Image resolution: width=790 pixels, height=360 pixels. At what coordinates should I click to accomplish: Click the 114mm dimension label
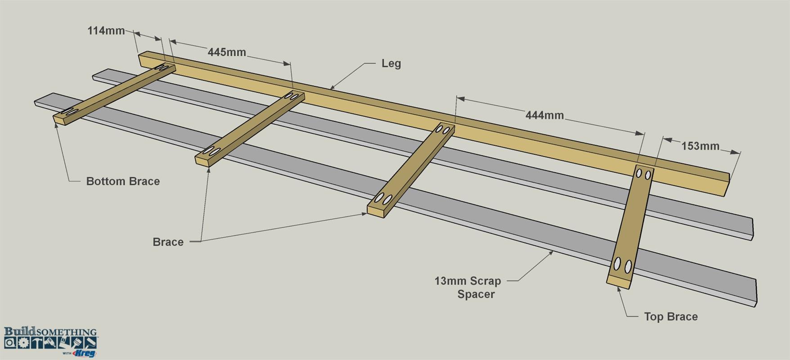click(106, 31)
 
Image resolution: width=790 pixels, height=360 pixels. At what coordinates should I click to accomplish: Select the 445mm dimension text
click(227, 52)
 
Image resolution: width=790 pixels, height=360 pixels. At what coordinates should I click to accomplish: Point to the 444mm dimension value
click(544, 115)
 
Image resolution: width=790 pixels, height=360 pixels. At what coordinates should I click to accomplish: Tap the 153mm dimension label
click(700, 146)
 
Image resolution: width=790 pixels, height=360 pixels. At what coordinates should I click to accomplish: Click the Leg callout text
click(391, 63)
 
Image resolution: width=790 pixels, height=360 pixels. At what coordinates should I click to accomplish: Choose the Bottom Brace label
click(123, 181)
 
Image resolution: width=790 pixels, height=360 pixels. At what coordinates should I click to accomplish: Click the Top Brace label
click(671, 317)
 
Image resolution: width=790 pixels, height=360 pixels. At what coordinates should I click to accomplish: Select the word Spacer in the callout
click(476, 294)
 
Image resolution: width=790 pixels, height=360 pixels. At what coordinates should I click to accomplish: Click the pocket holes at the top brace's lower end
click(623, 265)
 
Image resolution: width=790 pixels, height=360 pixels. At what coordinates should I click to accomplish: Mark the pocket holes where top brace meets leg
click(643, 173)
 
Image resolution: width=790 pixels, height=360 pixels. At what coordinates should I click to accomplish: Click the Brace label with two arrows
click(168, 242)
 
